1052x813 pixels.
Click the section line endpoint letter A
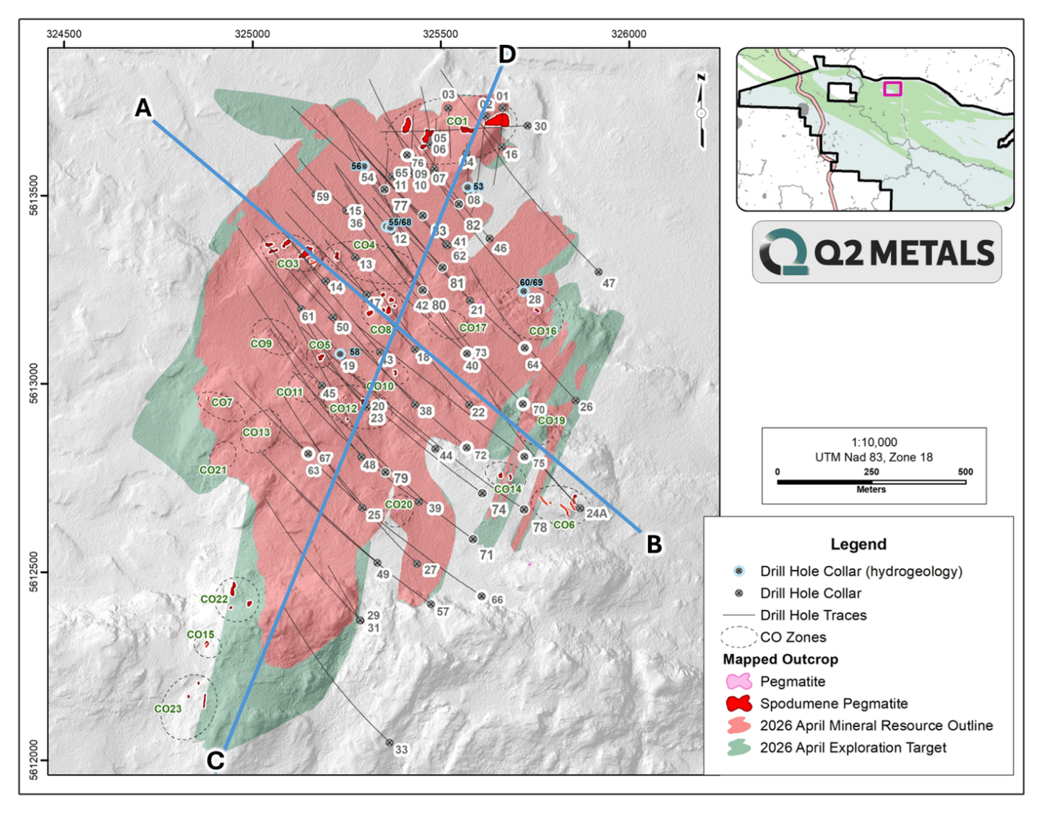(143, 108)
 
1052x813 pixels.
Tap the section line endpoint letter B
(654, 544)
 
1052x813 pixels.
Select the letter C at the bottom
(215, 760)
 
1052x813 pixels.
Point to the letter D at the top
(507, 54)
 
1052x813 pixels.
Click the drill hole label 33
(401, 750)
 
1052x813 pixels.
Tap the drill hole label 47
(608, 283)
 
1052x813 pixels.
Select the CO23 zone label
(168, 709)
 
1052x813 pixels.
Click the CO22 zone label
(214, 599)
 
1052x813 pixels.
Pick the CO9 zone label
(261, 344)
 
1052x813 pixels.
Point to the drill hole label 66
(497, 600)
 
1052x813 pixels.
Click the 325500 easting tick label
(440, 34)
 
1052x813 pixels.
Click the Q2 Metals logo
(876, 252)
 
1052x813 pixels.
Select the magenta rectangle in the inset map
(892, 89)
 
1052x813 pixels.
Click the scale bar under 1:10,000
(871, 482)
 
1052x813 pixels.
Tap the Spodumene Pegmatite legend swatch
(739, 703)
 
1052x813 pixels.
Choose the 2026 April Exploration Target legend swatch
(739, 748)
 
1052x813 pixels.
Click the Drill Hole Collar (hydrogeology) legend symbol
(739, 571)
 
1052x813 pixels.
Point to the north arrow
(701, 112)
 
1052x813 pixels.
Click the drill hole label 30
(540, 127)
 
